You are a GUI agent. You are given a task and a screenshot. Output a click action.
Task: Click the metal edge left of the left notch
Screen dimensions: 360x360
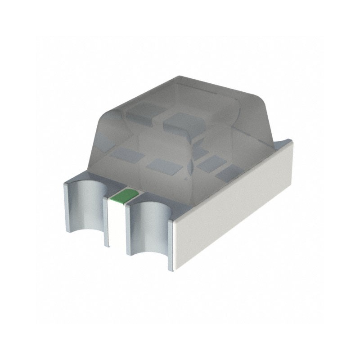click(67, 207)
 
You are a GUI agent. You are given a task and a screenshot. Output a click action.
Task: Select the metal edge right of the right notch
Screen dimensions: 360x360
click(171, 245)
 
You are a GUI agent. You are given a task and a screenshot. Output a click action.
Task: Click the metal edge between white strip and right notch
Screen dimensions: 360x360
click(128, 227)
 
